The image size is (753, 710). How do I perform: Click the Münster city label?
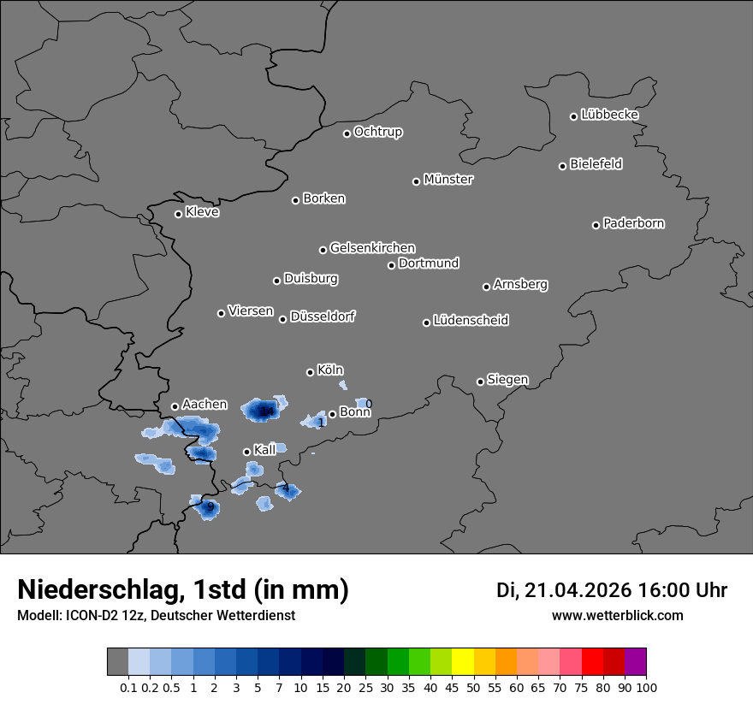[448, 180]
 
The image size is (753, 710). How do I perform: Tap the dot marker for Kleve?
[178, 214]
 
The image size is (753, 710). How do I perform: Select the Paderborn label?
[633, 223]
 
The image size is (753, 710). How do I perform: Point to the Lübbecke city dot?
[573, 116]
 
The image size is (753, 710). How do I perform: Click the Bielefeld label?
[596, 164]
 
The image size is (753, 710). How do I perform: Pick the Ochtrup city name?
[377, 132]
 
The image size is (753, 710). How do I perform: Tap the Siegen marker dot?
[480, 382]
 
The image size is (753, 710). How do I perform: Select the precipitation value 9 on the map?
[210, 506]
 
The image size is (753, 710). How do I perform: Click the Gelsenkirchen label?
[372, 248]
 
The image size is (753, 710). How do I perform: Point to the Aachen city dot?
[175, 406]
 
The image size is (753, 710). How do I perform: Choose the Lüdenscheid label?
[471, 321]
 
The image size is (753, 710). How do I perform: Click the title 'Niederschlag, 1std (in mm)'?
[183, 589]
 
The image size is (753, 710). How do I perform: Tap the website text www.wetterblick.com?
[617, 615]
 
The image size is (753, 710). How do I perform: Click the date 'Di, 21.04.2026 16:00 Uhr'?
[612, 590]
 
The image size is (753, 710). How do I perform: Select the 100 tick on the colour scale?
[646, 687]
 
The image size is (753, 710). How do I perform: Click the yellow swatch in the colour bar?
[462, 662]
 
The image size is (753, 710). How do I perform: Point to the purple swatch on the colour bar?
[636, 662]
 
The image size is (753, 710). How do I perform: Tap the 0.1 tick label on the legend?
[128, 687]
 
